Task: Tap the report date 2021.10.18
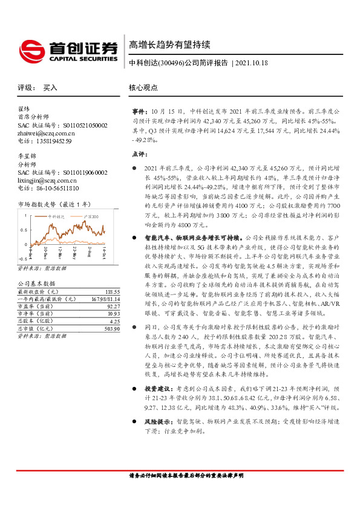pyautogui.click(x=251, y=63)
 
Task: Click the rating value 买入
pyautogui.click(x=50, y=88)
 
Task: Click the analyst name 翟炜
pyautogui.click(x=24, y=109)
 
